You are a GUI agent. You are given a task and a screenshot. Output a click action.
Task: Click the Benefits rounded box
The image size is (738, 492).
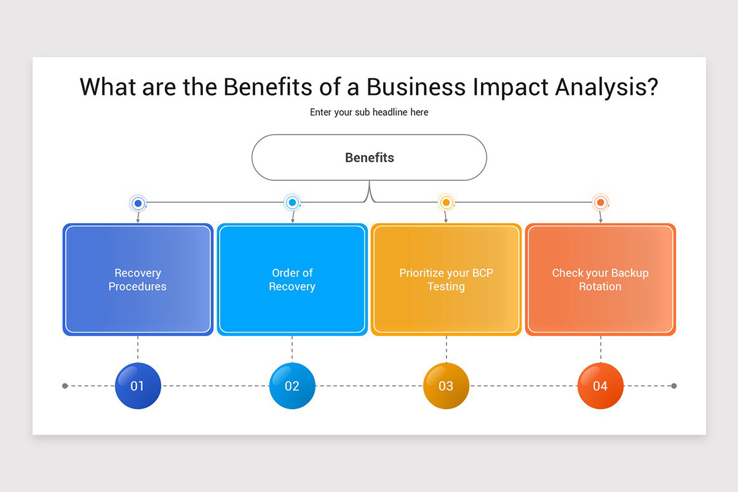click(x=369, y=157)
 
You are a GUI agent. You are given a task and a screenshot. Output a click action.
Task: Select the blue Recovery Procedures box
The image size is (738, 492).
click(x=138, y=280)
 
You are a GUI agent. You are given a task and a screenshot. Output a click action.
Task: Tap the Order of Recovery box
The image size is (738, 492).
click(x=292, y=280)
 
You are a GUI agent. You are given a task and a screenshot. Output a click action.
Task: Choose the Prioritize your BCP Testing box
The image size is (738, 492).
click(x=446, y=280)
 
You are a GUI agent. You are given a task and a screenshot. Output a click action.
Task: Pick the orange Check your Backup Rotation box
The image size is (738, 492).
click(x=600, y=280)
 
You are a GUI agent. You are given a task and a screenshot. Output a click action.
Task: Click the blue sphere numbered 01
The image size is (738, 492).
click(x=138, y=386)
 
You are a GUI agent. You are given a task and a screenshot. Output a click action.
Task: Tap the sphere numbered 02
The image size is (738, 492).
click(x=292, y=386)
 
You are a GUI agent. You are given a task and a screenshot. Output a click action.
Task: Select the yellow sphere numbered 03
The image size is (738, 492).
click(x=446, y=386)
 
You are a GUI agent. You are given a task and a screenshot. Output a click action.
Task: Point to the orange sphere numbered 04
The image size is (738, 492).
click(x=600, y=386)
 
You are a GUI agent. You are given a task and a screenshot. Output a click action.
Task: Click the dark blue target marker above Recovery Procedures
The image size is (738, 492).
click(x=138, y=203)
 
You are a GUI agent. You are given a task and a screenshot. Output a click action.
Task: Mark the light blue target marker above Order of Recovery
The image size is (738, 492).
click(x=292, y=202)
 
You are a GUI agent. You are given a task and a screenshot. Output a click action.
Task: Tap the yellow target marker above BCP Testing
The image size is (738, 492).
click(x=446, y=202)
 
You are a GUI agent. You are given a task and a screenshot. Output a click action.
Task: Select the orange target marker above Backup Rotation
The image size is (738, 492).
click(x=600, y=202)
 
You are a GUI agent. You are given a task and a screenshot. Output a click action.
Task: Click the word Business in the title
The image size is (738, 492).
click(x=416, y=87)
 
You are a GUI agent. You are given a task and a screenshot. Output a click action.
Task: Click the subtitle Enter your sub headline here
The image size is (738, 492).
click(x=369, y=113)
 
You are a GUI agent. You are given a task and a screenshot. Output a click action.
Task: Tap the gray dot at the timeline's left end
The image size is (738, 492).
click(x=65, y=386)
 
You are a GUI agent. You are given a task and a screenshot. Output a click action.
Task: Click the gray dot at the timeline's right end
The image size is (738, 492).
click(x=674, y=386)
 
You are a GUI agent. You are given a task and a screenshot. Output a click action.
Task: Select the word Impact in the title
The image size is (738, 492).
click(x=510, y=87)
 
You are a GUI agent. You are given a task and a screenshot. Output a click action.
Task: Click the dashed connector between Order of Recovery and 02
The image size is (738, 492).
click(x=292, y=349)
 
